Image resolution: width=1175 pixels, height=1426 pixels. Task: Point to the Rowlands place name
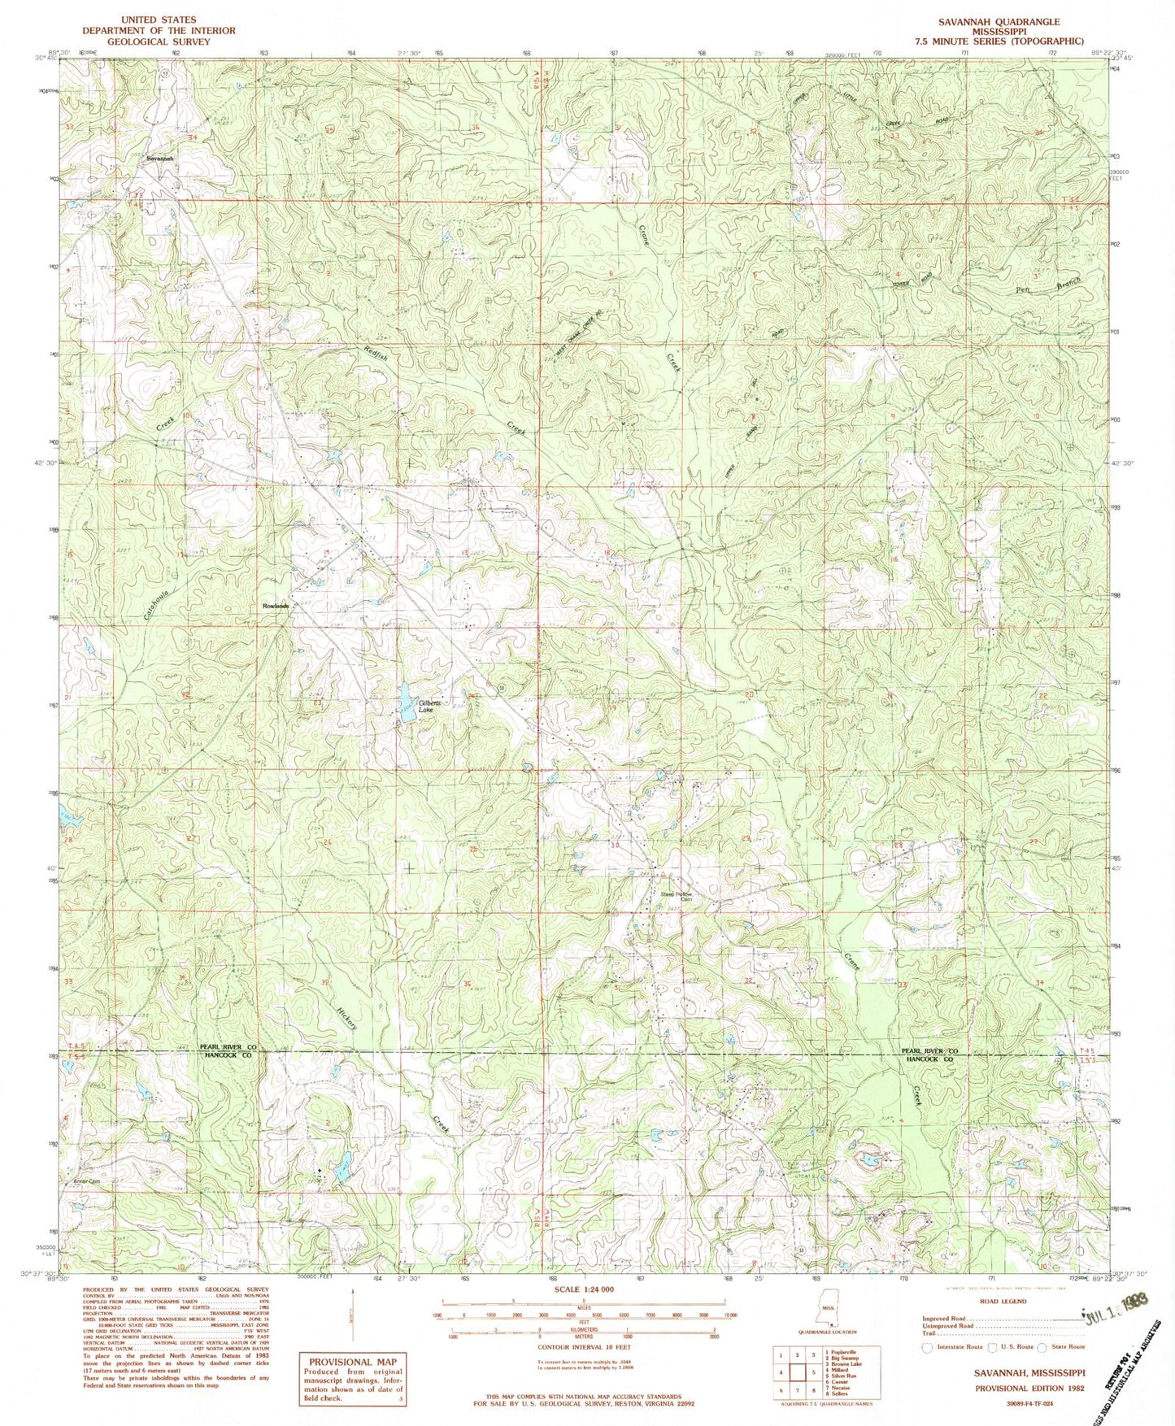tap(275, 606)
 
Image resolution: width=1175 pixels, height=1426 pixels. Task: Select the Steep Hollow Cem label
tap(681, 895)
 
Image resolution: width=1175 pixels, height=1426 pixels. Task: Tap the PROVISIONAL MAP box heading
tap(353, 1361)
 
